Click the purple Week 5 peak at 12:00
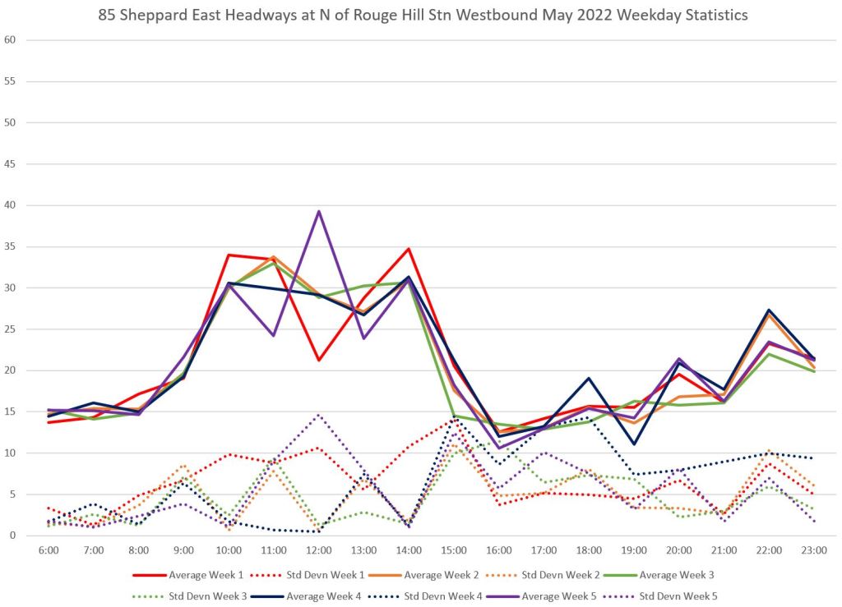(x=318, y=211)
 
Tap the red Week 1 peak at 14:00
(x=409, y=248)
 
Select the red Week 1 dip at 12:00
(x=318, y=360)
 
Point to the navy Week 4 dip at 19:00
(x=634, y=444)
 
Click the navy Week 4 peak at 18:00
(x=589, y=378)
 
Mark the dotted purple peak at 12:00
(x=318, y=415)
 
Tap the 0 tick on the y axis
(x=12, y=536)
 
